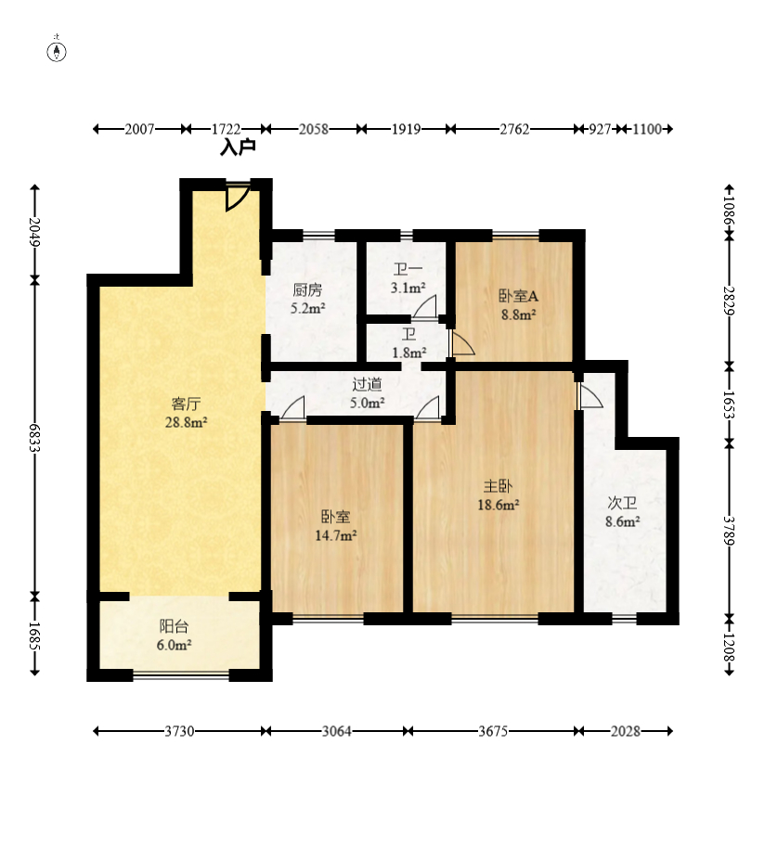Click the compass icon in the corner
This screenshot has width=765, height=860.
point(57,51)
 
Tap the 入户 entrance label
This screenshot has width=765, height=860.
point(238,147)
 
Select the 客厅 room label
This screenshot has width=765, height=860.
point(186,404)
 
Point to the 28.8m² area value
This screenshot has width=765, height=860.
point(186,422)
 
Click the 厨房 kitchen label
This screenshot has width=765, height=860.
point(307,289)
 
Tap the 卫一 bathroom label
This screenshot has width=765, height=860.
point(408,269)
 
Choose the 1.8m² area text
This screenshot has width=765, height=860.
point(408,353)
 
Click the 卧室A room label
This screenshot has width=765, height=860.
point(518,296)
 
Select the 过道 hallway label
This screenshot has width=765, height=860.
point(367,384)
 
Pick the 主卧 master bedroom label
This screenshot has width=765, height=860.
point(498,486)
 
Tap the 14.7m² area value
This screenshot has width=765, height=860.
point(336,535)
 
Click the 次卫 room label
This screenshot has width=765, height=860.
point(622,503)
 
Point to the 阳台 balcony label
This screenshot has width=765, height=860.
point(174,626)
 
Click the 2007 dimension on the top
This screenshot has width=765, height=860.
point(139,129)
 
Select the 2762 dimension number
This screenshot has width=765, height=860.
point(514,129)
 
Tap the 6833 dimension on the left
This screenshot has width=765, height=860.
point(34,437)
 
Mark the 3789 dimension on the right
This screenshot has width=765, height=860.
point(729,531)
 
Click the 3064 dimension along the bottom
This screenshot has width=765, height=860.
point(336,731)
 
